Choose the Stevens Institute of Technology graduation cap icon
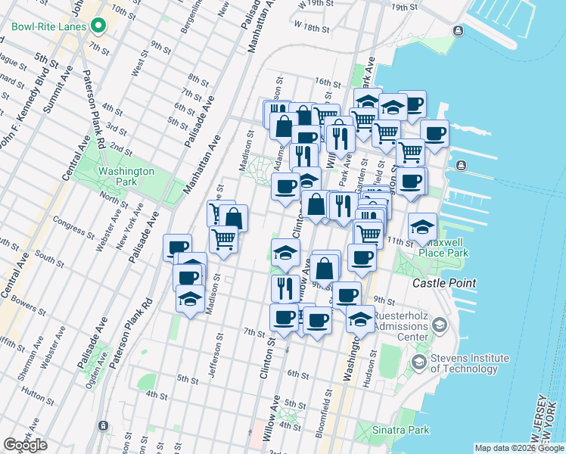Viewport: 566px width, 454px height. (x=418, y=363)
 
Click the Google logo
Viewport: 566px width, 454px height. (x=25, y=445)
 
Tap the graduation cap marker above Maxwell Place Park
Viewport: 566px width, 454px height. (x=422, y=225)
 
